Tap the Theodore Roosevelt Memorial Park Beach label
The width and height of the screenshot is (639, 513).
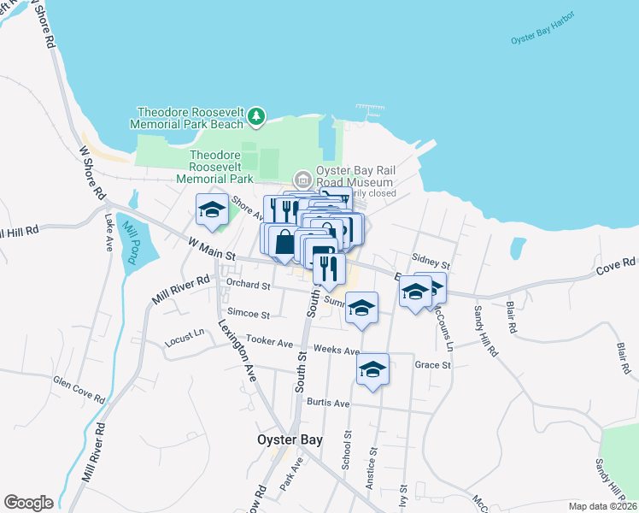[191, 118]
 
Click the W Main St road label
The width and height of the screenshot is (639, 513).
[212, 248]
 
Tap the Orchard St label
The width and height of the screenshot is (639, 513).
[249, 286]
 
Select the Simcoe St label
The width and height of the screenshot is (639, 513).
[249, 315]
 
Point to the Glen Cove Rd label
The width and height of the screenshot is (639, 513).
[79, 390]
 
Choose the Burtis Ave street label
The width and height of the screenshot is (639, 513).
[329, 403]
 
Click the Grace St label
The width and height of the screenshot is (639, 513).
[432, 365]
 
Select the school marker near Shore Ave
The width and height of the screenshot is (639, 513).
[212, 209]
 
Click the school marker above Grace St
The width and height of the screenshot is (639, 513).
[372, 369]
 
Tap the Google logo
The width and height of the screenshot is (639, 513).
[28, 503]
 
